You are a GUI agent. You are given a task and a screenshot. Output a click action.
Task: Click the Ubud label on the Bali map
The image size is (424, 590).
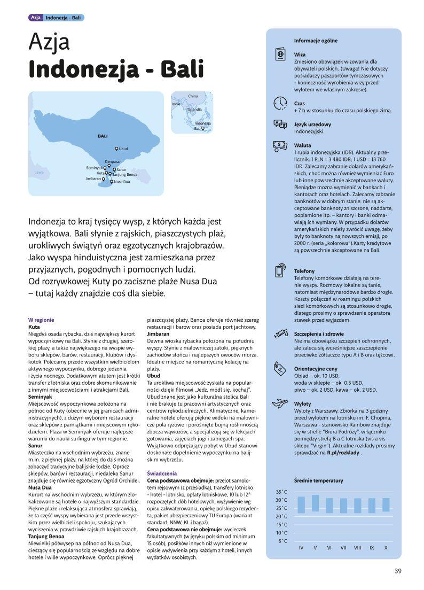click(123, 149)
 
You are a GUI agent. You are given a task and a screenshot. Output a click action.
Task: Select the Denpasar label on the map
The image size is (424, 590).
click(113, 161)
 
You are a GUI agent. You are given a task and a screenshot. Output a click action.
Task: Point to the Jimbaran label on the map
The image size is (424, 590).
click(93, 178)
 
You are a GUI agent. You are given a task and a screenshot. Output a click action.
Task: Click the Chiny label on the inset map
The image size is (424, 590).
click(193, 96)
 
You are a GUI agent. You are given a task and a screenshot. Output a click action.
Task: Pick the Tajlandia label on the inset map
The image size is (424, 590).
click(194, 109)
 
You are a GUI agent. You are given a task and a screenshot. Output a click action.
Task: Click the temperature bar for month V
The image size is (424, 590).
click(315, 503)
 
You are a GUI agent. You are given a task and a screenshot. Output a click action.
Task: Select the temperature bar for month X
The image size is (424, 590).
click(386, 504)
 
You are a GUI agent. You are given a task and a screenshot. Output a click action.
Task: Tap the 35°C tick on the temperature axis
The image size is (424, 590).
click(281, 492)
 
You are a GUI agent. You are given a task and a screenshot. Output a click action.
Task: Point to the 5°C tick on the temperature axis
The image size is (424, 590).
click(282, 541)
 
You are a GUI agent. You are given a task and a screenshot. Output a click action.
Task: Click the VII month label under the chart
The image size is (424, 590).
click(343, 548)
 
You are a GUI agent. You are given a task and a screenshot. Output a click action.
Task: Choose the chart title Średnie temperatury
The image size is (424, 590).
click(318, 480)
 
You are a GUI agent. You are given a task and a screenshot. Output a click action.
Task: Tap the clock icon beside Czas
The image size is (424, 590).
click(280, 103)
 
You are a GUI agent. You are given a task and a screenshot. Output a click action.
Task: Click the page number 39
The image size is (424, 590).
click(398, 571)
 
